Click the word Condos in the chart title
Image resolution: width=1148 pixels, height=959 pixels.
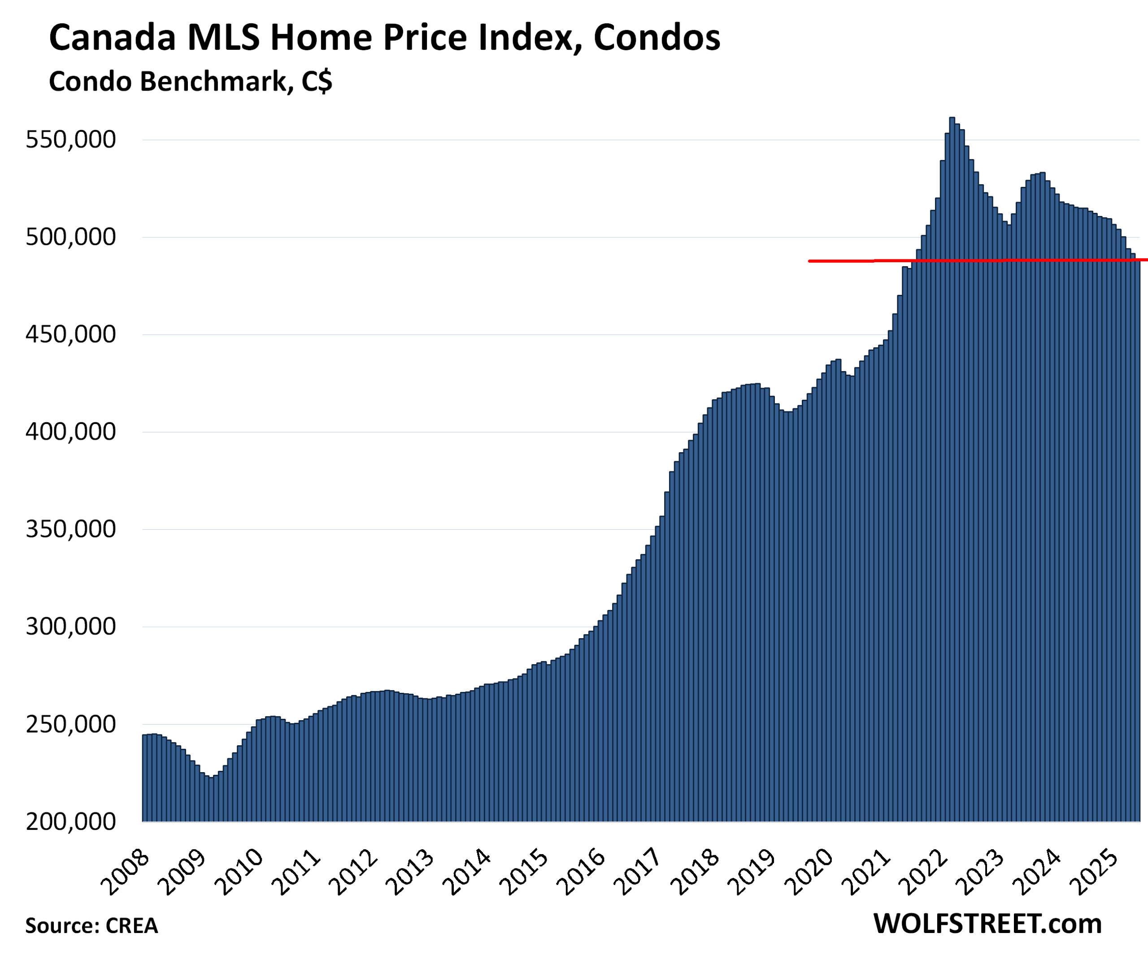(657, 38)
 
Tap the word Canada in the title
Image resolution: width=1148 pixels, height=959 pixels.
(113, 38)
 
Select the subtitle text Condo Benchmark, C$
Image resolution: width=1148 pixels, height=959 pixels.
(190, 82)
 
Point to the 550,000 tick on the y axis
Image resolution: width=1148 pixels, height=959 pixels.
(71, 140)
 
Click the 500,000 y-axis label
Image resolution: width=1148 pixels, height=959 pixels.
(71, 237)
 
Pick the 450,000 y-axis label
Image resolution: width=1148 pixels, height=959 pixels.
(71, 334)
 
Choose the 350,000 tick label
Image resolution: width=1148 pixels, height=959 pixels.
(71, 529)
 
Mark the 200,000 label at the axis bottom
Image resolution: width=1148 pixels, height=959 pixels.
(71, 821)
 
